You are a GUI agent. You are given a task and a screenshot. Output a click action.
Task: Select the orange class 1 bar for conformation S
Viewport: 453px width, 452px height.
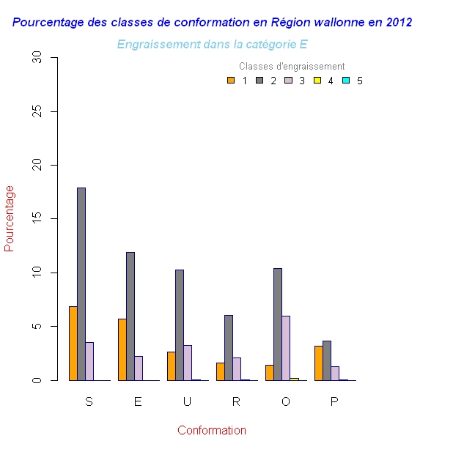pyautogui.click(x=73, y=344)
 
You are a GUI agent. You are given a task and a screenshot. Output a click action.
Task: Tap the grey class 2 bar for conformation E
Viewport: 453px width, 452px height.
pyautogui.click(x=130, y=316)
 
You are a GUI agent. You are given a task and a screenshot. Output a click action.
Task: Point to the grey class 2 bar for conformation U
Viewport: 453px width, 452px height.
pyautogui.click(x=180, y=325)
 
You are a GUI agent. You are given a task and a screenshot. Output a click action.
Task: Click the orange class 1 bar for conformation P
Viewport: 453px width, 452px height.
pyautogui.click(x=319, y=363)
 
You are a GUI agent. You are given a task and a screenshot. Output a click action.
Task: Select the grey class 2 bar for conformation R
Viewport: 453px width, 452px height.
pyautogui.click(x=229, y=348)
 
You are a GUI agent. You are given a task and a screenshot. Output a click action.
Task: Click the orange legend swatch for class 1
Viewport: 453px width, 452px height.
pyautogui.click(x=231, y=81)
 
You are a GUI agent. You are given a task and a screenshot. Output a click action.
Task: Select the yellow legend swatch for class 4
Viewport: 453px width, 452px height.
pyautogui.click(x=317, y=81)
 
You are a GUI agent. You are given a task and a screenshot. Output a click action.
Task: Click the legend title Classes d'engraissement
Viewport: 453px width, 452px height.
pyautogui.click(x=292, y=67)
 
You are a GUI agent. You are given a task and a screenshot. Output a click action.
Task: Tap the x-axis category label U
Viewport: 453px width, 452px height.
pyautogui.click(x=187, y=401)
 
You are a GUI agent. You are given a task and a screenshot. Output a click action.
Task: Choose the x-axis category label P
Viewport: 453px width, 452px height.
pyautogui.click(x=334, y=401)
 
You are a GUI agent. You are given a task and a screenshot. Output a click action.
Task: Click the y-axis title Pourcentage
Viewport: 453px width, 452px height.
pyautogui.click(x=10, y=218)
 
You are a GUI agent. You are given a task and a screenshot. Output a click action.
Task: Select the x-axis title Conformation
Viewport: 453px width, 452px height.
pyautogui.click(x=212, y=431)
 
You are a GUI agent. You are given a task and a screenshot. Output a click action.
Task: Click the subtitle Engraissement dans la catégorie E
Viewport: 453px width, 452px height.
pyautogui.click(x=212, y=45)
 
